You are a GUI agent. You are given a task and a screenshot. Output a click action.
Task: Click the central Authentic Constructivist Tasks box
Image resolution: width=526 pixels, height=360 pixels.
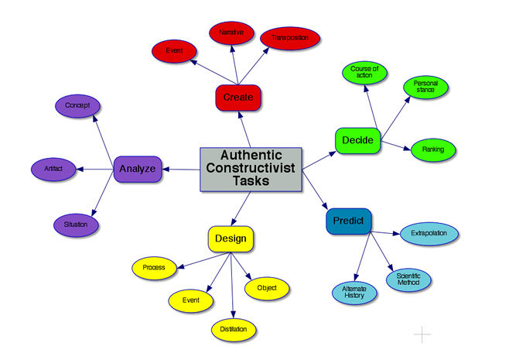click(x=251, y=168)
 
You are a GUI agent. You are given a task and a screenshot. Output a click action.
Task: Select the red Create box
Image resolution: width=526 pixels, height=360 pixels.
click(x=238, y=98)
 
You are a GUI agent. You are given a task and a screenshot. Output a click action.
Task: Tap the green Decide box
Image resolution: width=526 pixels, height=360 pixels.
click(x=358, y=140)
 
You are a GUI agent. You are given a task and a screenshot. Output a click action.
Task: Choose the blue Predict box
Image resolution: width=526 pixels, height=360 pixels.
click(x=349, y=221)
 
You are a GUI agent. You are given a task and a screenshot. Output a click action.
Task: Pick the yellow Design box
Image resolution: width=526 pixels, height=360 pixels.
click(x=231, y=238)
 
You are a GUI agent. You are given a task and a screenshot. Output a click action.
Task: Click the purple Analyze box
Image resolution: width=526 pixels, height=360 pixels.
click(x=137, y=169)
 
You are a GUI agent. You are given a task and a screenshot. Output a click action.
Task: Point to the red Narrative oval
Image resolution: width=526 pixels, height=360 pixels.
click(x=231, y=33)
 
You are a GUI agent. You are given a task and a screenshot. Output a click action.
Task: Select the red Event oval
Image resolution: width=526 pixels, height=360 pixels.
click(x=175, y=51)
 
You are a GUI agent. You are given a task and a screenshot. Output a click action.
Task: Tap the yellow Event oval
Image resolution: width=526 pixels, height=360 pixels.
click(x=190, y=300)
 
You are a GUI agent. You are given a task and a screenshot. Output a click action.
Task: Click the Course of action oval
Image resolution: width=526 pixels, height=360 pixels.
click(x=365, y=73)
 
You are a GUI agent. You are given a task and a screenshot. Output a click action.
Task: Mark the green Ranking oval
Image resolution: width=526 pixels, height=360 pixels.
click(x=433, y=149)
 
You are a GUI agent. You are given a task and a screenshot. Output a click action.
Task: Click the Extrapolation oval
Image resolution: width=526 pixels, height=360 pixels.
click(x=429, y=233)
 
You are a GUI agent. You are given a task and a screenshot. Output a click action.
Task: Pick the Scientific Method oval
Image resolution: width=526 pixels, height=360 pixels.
click(x=408, y=279)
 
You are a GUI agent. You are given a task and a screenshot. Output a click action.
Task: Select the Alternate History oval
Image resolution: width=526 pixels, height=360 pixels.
click(x=354, y=291)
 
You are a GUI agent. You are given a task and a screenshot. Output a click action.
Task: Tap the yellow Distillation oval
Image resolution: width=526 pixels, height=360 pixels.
click(x=233, y=329)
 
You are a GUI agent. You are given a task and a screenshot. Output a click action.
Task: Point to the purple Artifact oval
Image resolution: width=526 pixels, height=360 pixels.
click(x=53, y=168)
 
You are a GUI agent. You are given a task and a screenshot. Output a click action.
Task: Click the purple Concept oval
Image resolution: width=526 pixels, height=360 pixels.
click(x=77, y=105)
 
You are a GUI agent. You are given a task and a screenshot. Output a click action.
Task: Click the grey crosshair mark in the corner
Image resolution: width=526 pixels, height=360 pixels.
click(x=422, y=334)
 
